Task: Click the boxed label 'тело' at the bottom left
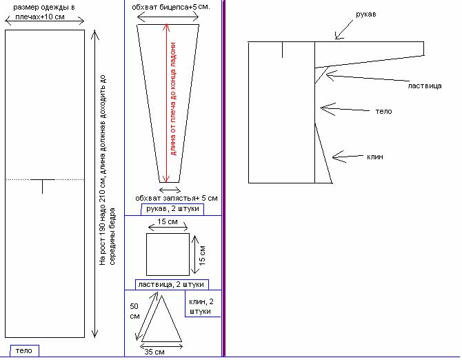[24, 350]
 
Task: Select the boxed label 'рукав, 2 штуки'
[172, 209]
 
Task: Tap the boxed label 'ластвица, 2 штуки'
[172, 285]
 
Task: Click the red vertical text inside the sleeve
[173, 99]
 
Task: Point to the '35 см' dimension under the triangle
[154, 352]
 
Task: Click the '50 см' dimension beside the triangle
[134, 311]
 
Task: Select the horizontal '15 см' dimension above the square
[168, 221]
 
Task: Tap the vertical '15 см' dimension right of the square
[203, 255]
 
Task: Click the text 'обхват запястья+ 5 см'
[177, 198]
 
